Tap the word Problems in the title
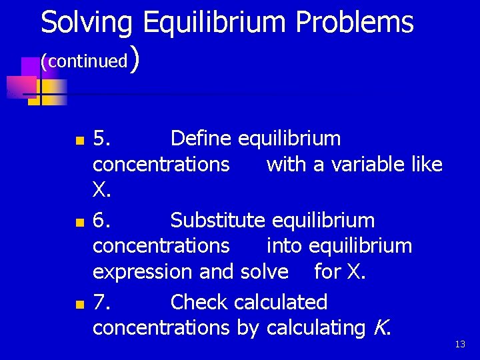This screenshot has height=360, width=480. (354, 23)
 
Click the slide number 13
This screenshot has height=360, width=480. (460, 344)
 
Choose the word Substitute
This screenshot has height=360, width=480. (218, 220)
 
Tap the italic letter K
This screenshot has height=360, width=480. (381, 327)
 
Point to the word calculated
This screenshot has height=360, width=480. (281, 302)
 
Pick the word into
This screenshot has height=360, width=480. (285, 246)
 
